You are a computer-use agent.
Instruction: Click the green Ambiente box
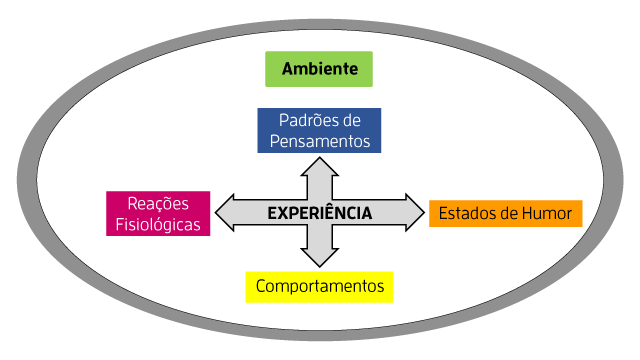click(x=319, y=69)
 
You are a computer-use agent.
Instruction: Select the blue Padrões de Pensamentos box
click(x=320, y=130)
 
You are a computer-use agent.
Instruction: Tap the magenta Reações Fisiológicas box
click(x=160, y=213)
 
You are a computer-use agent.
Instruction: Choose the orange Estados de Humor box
click(x=505, y=213)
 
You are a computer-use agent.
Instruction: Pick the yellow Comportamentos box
click(x=320, y=287)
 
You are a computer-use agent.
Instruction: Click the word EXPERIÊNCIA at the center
click(x=320, y=213)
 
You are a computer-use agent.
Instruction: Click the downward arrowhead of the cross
click(x=320, y=256)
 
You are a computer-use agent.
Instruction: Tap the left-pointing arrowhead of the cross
click(x=226, y=212)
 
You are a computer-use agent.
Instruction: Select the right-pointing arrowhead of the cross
click(x=414, y=212)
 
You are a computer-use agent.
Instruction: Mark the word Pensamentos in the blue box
click(x=320, y=141)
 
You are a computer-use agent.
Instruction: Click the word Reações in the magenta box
click(x=159, y=203)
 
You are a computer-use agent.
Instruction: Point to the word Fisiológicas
click(x=160, y=224)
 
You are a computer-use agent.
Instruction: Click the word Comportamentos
click(x=320, y=287)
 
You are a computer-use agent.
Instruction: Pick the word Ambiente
click(x=319, y=69)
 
